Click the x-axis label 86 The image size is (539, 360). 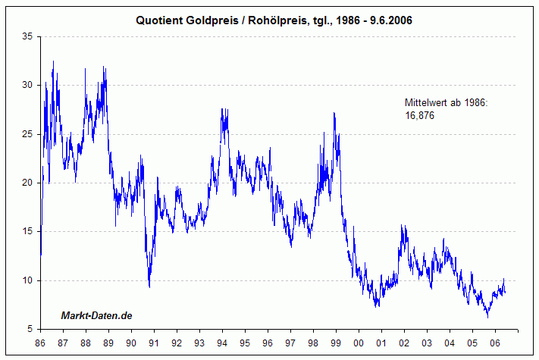(40, 343)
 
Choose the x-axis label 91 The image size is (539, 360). (154, 343)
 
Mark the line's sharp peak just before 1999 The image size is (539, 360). (334, 114)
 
